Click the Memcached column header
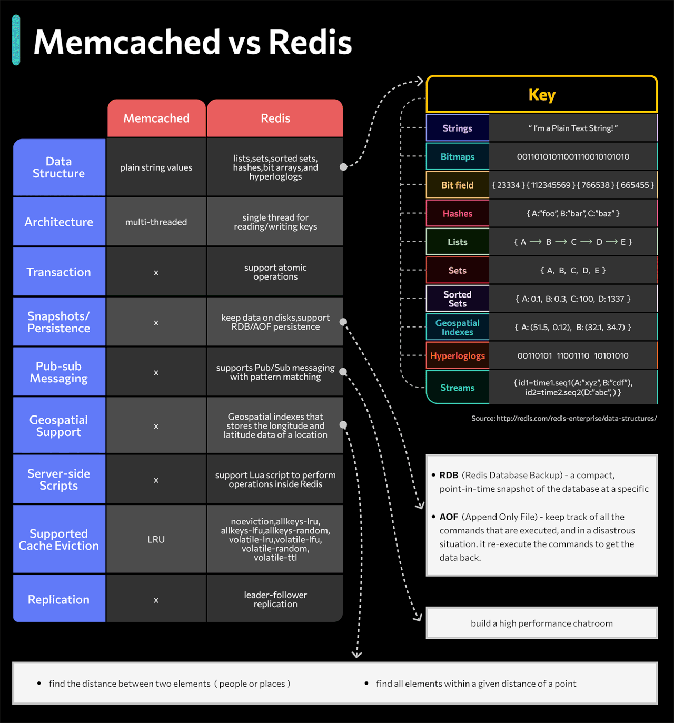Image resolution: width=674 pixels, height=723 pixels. pos(156,118)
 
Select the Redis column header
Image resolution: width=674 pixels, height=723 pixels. pos(275,118)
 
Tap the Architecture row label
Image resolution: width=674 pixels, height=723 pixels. pos(59,222)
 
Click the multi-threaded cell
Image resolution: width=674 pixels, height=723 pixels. pos(156,222)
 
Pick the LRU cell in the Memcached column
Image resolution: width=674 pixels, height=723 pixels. pos(156,539)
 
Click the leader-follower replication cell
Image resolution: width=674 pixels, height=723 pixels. pos(275,599)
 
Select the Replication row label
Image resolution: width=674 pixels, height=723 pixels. pos(59,599)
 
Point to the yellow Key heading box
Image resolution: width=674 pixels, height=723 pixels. pos(542,95)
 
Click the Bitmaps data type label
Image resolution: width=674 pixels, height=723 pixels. pos(458,157)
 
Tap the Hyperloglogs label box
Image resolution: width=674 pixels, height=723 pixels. pos(458,356)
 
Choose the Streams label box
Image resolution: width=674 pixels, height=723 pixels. pos(458,388)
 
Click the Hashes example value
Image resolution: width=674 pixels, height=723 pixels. pos(573,214)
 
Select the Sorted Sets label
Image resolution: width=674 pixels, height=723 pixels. pos(458,299)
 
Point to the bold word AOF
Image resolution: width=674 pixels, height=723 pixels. pos(449,517)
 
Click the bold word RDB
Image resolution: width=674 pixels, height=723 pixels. pos(449,475)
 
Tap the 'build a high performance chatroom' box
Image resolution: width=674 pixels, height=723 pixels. pos(542,623)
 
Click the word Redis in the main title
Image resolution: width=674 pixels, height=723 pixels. pos(310,42)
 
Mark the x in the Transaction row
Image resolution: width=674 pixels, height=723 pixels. pos(156,273)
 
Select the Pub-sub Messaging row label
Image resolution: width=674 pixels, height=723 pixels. pos(59,372)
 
